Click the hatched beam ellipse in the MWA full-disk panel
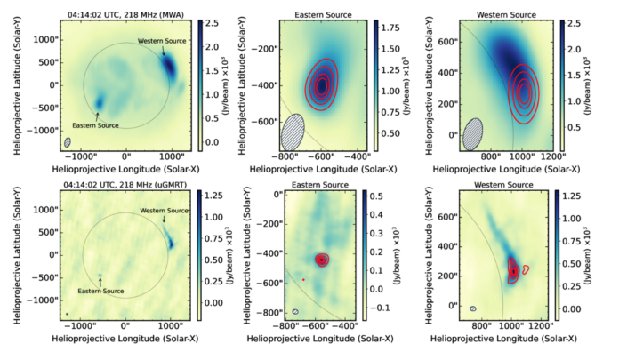[x=68, y=142]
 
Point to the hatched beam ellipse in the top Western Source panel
[x=475, y=132]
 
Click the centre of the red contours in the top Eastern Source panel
[x=322, y=85]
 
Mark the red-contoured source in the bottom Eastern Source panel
[x=322, y=260]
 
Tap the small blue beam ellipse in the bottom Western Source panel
[x=474, y=308]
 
